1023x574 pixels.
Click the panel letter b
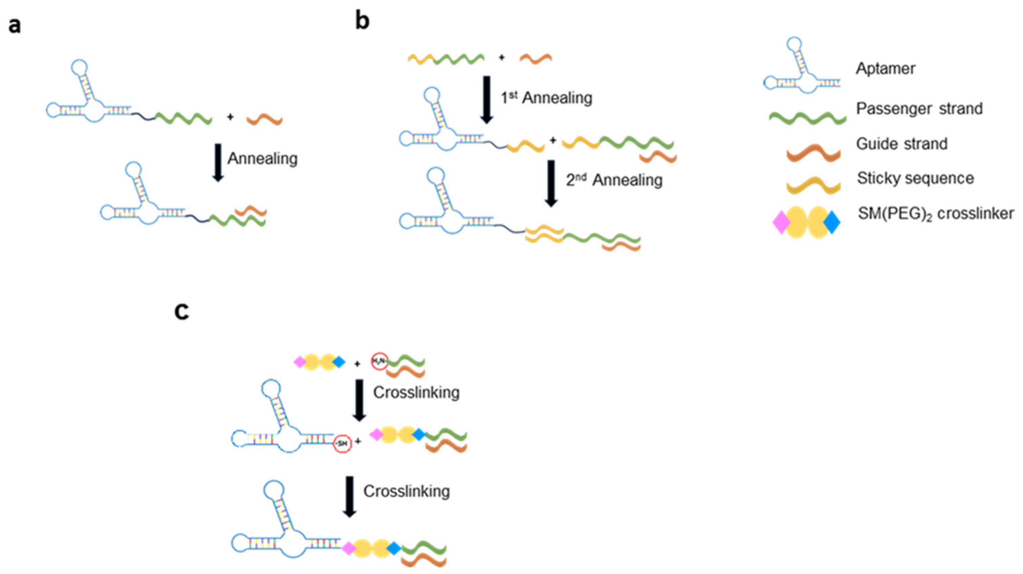[362, 21]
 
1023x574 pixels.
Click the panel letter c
[182, 311]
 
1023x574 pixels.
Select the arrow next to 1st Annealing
[486, 100]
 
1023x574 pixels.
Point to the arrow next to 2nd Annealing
[551, 183]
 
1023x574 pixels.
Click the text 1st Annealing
[546, 98]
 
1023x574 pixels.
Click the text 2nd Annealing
[614, 180]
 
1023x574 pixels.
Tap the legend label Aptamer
[885, 69]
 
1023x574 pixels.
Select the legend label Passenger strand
[919, 108]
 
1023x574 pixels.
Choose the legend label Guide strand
[901, 143]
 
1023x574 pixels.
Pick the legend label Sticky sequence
[915, 178]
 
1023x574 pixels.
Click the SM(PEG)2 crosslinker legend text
[936, 214]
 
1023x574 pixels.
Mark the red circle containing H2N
[379, 361]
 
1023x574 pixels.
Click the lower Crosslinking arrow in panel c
[350, 496]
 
